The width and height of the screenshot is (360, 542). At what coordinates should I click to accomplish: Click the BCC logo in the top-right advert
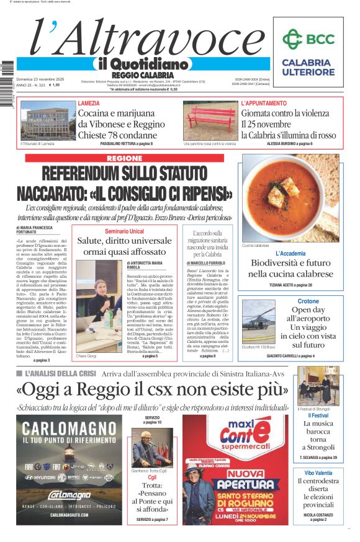click(x=308, y=40)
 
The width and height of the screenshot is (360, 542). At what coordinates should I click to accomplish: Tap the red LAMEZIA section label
click(x=89, y=103)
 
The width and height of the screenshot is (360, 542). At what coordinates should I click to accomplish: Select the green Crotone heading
click(x=308, y=301)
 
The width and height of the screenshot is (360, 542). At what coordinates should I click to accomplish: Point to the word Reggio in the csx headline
click(x=145, y=390)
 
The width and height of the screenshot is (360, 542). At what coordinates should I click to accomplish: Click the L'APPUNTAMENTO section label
click(x=264, y=103)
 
